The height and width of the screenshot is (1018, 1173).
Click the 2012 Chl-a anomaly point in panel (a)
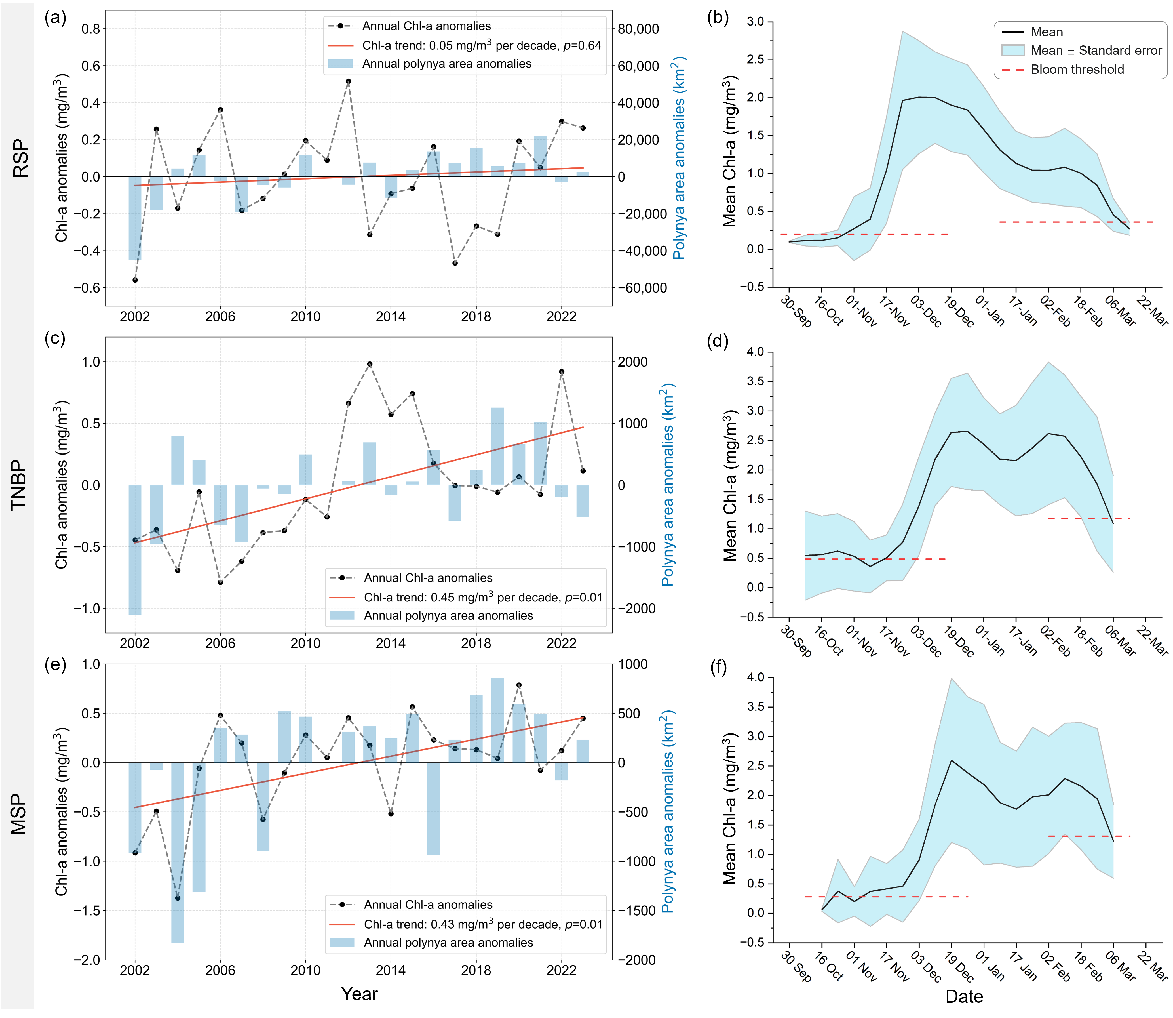point(348,81)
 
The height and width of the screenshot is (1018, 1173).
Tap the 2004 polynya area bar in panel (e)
point(178,852)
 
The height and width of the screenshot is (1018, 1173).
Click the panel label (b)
point(718,18)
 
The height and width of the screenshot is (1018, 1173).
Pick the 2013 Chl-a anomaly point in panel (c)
point(370,364)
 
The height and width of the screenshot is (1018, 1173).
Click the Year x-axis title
point(359,994)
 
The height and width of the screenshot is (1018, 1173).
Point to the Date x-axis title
point(964,996)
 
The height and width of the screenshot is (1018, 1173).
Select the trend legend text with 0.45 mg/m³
point(483,597)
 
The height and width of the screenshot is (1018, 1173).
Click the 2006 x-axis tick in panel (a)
point(220,316)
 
